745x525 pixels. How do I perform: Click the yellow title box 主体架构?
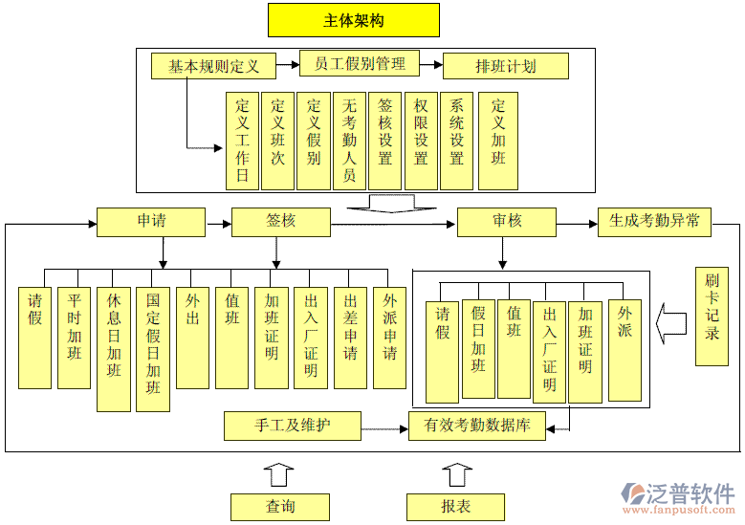(354, 20)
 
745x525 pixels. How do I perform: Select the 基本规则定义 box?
(213, 66)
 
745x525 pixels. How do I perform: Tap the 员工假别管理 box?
(360, 64)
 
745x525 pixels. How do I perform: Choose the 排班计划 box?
(505, 66)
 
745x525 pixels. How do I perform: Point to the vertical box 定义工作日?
(243, 141)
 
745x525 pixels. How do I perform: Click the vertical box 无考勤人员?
(350, 141)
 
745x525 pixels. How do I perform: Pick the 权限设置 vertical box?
(421, 141)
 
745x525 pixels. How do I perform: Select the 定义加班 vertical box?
(498, 141)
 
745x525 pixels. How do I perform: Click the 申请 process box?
(151, 222)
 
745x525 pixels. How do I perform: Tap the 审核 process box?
(507, 222)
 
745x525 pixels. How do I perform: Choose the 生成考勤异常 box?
(655, 222)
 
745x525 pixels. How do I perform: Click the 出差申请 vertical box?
(350, 338)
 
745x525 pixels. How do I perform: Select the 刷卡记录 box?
(712, 316)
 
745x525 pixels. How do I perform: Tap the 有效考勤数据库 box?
(476, 426)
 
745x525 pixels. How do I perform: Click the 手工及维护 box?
(293, 426)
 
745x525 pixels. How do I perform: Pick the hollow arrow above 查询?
(279, 474)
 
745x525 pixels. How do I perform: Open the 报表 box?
(455, 507)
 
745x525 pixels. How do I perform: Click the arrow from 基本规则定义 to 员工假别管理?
(288, 66)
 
